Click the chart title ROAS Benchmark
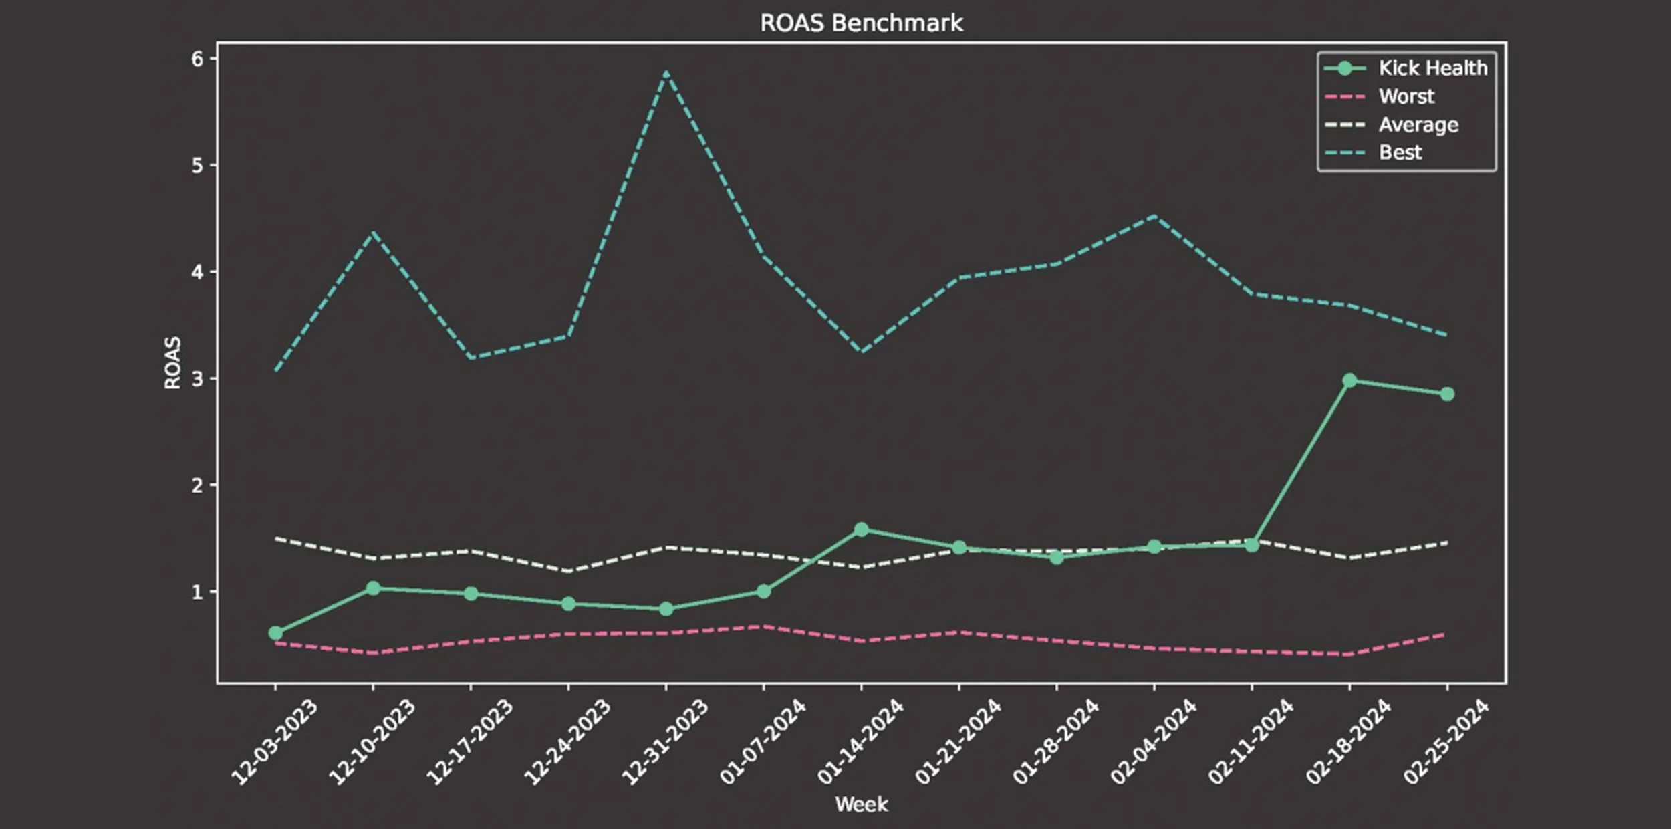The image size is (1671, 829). (862, 23)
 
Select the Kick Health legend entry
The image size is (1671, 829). (1406, 68)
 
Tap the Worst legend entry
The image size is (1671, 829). (1380, 97)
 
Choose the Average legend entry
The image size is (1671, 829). (1392, 125)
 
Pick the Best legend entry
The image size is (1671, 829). (1374, 153)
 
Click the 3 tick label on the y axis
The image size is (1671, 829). (198, 379)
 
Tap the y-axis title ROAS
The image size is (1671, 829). (172, 362)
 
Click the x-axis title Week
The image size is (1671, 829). (862, 804)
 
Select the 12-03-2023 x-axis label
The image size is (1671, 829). (274, 741)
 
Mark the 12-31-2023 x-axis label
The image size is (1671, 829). (665, 741)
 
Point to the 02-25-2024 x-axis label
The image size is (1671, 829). (1446, 741)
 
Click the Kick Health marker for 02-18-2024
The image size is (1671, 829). (1349, 380)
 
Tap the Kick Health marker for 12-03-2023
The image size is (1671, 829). (275, 633)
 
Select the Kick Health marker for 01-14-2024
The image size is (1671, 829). (862, 529)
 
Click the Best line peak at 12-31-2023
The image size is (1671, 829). (666, 72)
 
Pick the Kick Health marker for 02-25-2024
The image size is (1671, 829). (1447, 394)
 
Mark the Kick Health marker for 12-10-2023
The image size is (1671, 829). (373, 588)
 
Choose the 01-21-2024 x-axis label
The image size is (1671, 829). (958, 741)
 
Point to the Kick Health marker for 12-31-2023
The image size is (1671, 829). (666, 609)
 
